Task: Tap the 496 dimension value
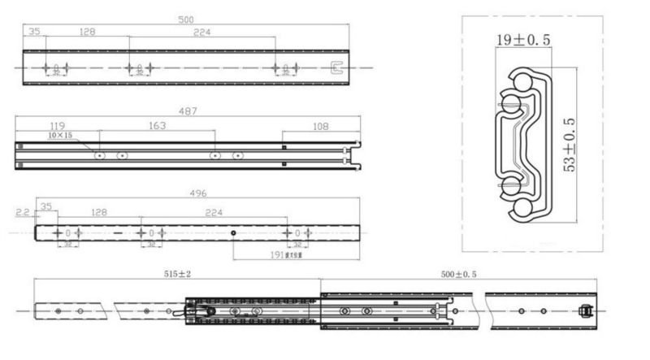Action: click(x=197, y=193)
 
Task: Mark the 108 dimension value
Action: click(x=321, y=126)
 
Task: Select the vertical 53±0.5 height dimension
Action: click(x=570, y=144)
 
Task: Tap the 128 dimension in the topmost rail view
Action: click(x=87, y=32)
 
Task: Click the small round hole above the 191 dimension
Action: click(x=233, y=233)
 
